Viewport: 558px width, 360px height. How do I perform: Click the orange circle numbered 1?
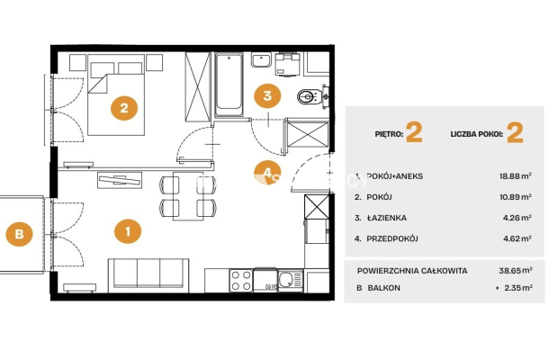[128, 231]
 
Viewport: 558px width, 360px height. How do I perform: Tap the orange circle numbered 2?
[124, 107]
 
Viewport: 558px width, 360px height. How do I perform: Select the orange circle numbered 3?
[267, 95]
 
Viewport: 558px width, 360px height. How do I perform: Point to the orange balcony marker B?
[19, 234]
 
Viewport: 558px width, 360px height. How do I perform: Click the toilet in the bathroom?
[310, 96]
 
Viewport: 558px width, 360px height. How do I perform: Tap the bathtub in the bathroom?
[229, 85]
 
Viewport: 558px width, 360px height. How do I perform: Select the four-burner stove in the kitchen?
[241, 280]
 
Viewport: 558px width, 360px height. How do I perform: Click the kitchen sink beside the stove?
[290, 280]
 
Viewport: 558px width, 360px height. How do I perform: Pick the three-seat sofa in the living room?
[148, 274]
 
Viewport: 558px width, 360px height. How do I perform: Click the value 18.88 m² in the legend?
[516, 175]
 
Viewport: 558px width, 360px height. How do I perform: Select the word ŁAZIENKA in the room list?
[386, 218]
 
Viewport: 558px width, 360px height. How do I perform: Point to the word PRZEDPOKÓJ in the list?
[392, 238]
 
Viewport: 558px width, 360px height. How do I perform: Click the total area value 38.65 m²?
[516, 271]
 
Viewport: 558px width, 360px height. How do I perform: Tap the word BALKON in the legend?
[383, 288]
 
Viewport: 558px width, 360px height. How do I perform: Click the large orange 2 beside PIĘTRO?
[414, 132]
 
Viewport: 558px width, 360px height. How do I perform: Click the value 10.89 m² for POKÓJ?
[516, 197]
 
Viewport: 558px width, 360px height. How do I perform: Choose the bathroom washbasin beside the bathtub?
[262, 59]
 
